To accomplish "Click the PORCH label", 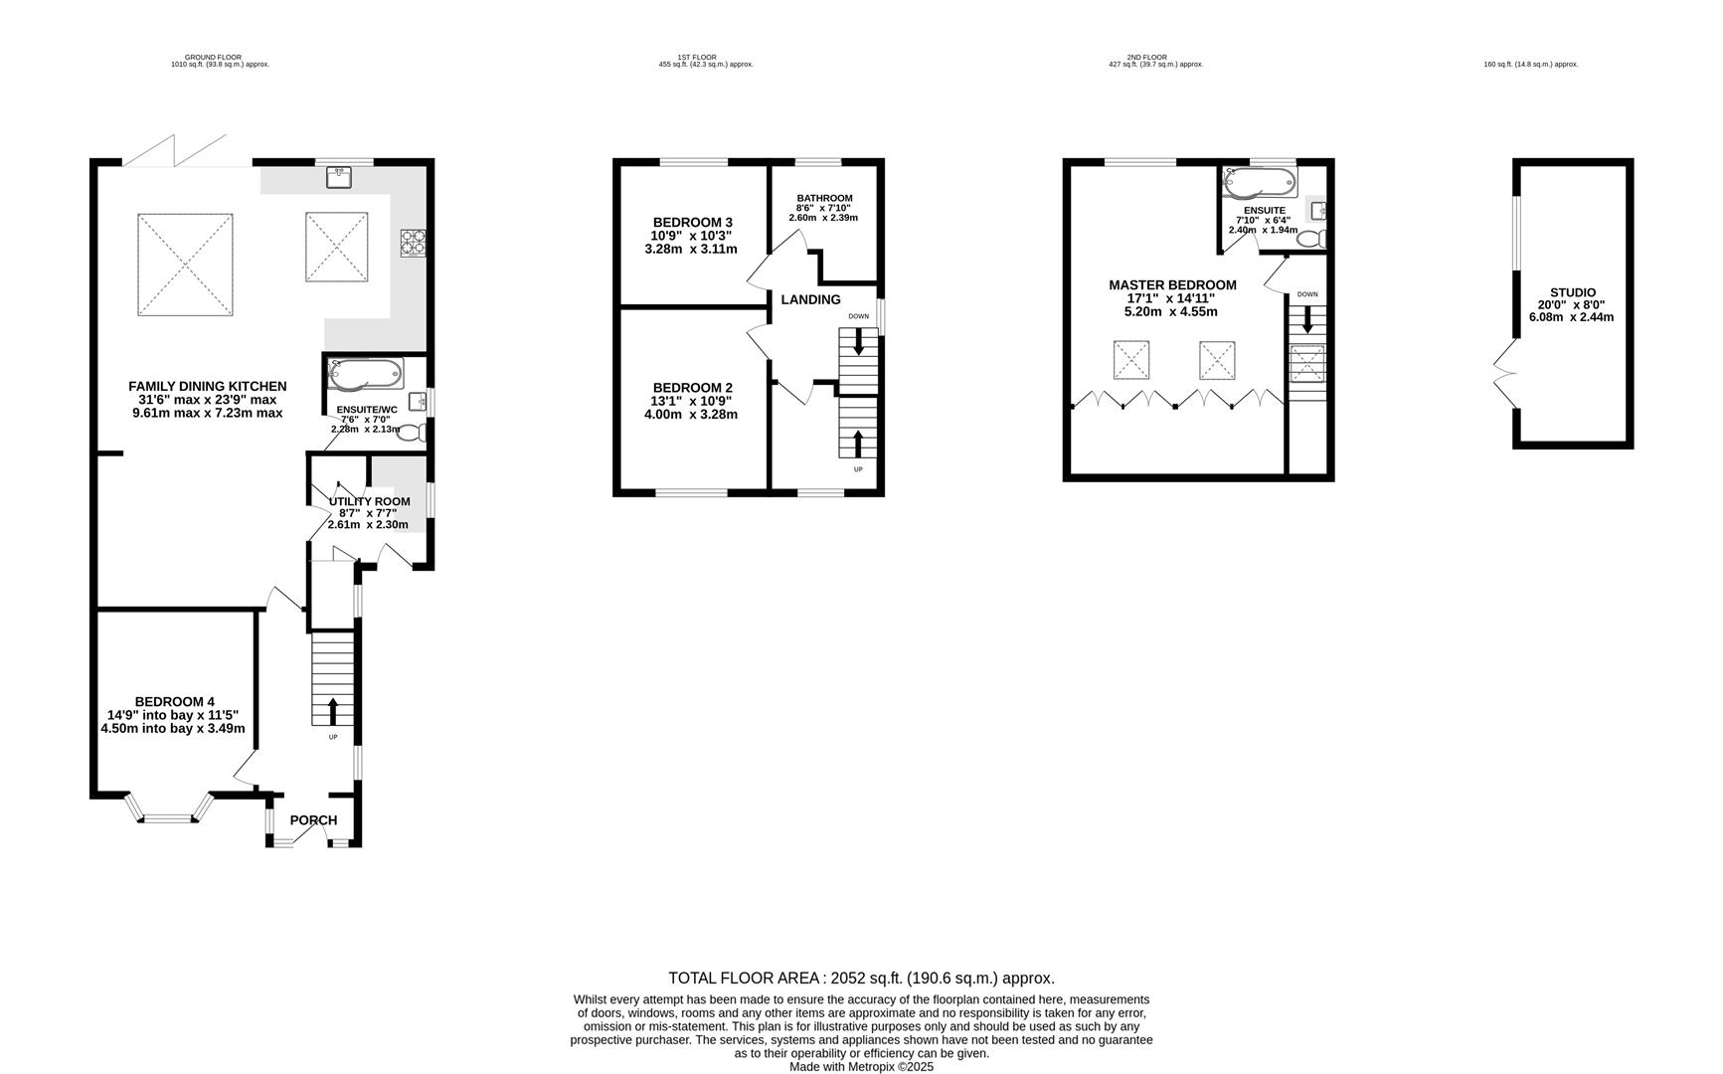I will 313,820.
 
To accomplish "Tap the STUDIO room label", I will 1572,292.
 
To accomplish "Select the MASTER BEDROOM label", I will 1172,284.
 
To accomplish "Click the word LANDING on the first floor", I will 810,299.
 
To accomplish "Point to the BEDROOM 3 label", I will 692,222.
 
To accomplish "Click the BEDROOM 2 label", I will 692,388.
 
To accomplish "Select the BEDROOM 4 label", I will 174,701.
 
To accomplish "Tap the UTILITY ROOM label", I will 369,501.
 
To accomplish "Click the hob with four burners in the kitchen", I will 413,242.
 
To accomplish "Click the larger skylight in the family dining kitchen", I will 185,265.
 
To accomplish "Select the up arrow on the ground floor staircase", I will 332,710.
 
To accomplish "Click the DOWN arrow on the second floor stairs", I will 1306,319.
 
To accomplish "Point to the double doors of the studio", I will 1504,374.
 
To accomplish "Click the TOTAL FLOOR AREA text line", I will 861,979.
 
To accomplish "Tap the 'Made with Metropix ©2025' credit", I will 861,1067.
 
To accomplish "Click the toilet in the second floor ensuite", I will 1313,239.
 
